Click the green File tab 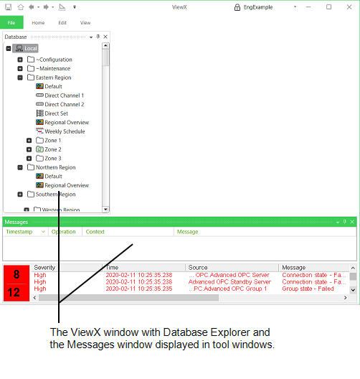pos(11,23)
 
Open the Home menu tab pos(38,23)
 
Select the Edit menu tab pos(62,23)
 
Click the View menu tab pos(85,23)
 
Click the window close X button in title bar pos(349,7)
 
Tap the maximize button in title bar pos(329,7)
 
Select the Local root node pos(30,49)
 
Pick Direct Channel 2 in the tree pos(64,104)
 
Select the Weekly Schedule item pos(65,131)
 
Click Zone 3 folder pos(52,158)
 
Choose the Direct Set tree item pos(56,113)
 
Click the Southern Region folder pos(55,194)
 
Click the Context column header pos(95,232)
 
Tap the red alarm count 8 pos(16,275)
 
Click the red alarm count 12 pos(16,292)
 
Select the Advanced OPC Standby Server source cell pos(229,282)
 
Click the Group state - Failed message pos(308,289)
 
